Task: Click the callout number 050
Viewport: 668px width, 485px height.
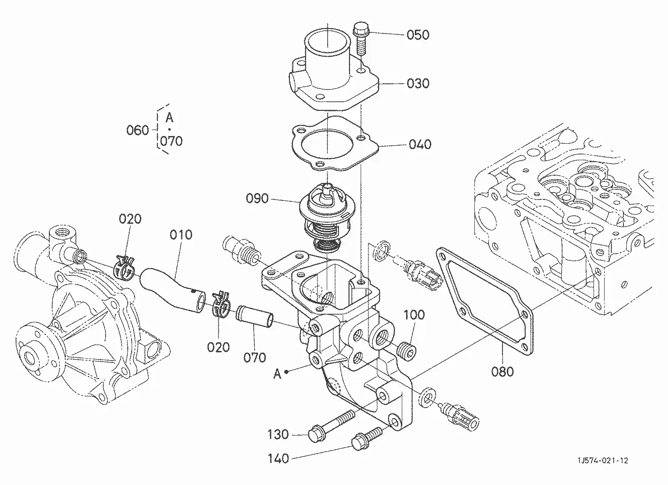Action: (x=418, y=35)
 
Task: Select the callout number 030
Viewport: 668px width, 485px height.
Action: (x=418, y=84)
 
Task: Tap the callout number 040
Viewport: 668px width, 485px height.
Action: (x=420, y=144)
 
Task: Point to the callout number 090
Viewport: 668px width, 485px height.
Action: (x=257, y=198)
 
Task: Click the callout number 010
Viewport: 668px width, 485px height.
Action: (x=181, y=235)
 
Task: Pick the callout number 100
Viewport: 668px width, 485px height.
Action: (x=414, y=315)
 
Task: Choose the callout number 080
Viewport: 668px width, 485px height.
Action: (x=502, y=372)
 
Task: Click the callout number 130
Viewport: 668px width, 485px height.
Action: (x=278, y=434)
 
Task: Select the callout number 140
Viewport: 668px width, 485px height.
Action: (x=278, y=458)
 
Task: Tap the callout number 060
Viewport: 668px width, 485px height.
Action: (x=137, y=130)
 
